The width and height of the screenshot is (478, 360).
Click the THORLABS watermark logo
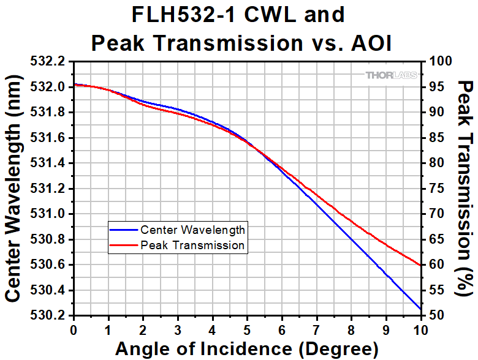(392, 75)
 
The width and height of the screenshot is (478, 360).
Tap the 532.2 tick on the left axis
(50, 61)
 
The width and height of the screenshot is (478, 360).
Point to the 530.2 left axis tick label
(50, 316)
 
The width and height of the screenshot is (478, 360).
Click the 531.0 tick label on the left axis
(50, 214)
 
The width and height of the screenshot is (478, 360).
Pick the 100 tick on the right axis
(436, 61)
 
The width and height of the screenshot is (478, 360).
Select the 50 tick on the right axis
(433, 316)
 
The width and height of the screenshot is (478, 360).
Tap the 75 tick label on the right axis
(433, 189)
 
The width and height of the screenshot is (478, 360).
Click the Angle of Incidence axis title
(246, 349)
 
